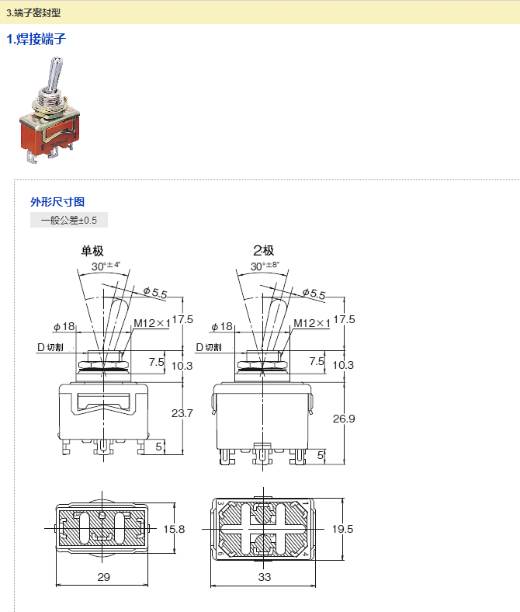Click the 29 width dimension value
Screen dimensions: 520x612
tap(104, 577)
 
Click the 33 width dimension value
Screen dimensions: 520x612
tap(265, 577)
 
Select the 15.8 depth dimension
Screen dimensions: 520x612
tap(174, 529)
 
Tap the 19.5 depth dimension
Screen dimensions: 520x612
tap(342, 529)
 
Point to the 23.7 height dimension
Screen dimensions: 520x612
tap(182, 413)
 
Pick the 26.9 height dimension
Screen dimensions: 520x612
tap(344, 419)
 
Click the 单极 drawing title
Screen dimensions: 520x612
tap(92, 251)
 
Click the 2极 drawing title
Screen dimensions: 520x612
tap(264, 251)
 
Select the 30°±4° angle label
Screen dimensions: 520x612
tap(106, 266)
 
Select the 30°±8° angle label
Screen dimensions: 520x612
tap(265, 266)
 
